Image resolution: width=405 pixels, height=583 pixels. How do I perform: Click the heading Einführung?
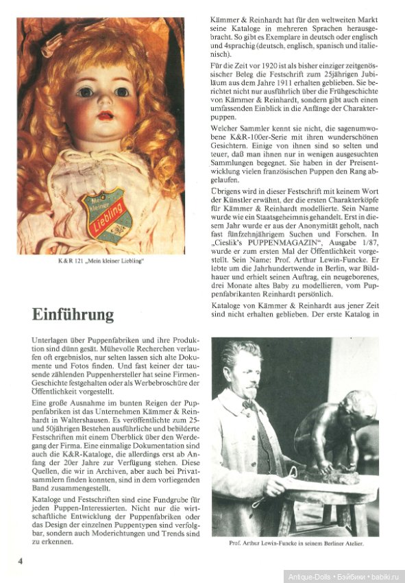point(73,314)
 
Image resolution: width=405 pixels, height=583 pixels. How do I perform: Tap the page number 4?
point(21,561)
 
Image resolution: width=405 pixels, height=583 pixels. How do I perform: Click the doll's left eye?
point(123,91)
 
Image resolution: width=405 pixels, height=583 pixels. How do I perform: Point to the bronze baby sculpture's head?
point(360,407)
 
